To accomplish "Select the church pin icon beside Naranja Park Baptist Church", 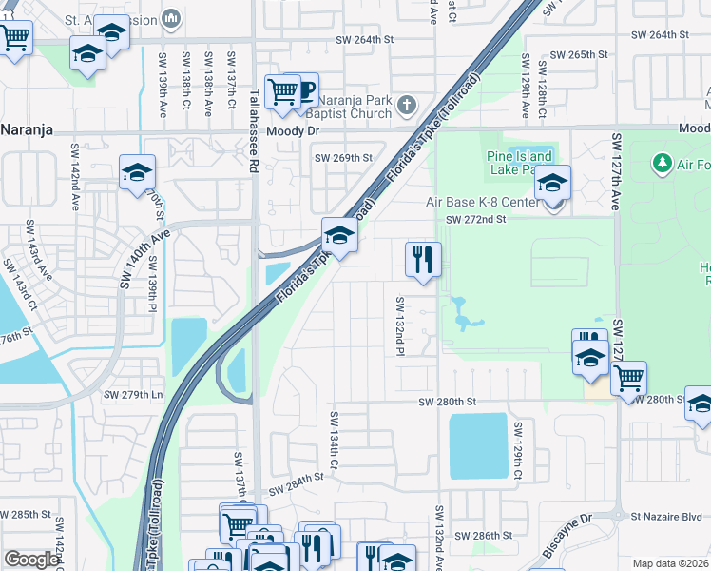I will (407, 105).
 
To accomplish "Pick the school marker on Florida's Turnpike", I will (339, 234).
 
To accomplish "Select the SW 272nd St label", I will (485, 219).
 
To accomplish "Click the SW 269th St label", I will (343, 158).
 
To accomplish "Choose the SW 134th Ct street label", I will (335, 441).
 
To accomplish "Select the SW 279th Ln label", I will (131, 394).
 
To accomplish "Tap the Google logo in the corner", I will (31, 560).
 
